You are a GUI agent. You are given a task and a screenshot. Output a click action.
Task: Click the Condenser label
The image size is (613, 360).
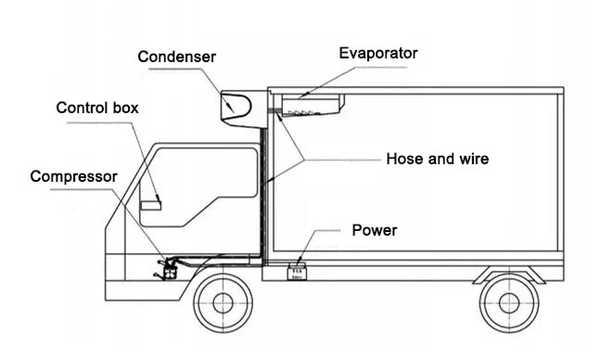pyautogui.click(x=176, y=58)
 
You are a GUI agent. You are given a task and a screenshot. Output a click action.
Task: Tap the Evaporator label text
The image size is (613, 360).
pyautogui.click(x=377, y=53)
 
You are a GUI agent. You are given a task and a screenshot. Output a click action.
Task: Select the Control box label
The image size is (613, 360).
pyautogui.click(x=97, y=108)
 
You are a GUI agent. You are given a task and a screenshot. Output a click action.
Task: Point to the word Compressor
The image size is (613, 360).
pyautogui.click(x=73, y=176)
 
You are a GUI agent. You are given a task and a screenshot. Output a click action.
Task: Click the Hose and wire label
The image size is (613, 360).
pyautogui.click(x=437, y=159)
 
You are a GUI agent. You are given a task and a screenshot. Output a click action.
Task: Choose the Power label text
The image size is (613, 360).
pyautogui.click(x=375, y=229)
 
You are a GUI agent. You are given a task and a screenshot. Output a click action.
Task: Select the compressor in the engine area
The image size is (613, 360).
pyautogui.click(x=167, y=270)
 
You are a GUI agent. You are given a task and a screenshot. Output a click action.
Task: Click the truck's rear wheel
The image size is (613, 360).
pyautogui.click(x=508, y=302)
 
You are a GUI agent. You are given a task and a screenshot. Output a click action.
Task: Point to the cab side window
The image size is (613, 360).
pyautogui.click(x=199, y=181)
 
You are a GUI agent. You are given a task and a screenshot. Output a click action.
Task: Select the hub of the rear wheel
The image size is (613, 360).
pyautogui.click(x=508, y=302)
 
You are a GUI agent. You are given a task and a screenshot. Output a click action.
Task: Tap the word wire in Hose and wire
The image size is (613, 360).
pyautogui.click(x=472, y=159)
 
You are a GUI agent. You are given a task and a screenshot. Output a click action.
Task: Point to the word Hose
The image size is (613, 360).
pyautogui.click(x=402, y=159)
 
